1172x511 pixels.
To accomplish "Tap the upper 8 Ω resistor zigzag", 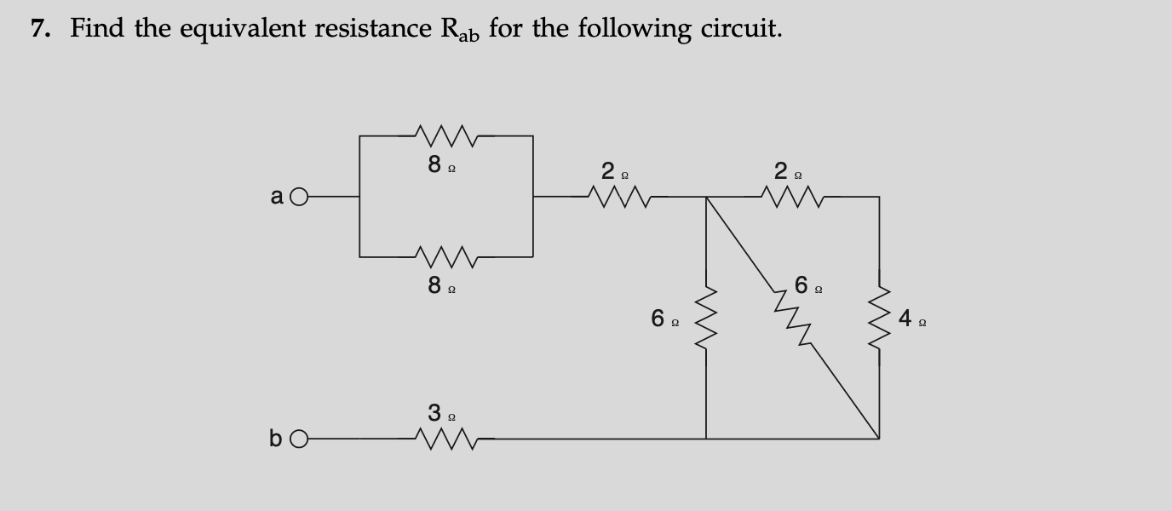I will [x=446, y=134].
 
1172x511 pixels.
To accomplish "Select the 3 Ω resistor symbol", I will [x=446, y=439].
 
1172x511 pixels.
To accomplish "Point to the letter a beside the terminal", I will [x=277, y=197].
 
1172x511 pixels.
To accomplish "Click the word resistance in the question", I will [x=371, y=29].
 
